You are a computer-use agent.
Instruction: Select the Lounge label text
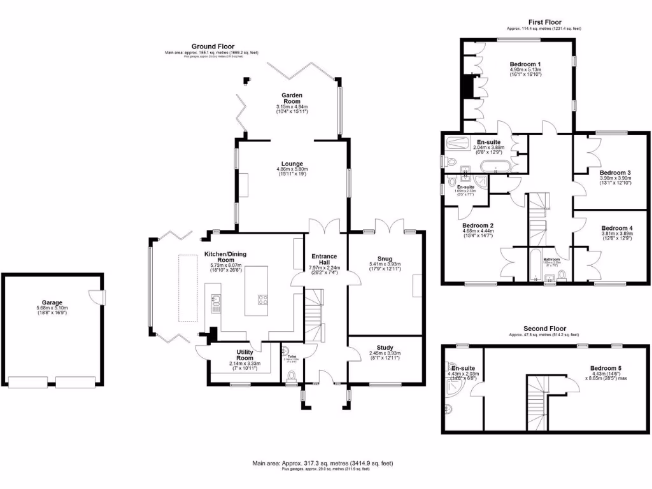292,163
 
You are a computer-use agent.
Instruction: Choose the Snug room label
385,258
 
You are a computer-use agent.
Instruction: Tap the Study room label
385,348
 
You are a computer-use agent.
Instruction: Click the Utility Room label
245,352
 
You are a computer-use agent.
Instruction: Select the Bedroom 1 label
525,64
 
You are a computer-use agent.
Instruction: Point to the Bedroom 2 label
478,225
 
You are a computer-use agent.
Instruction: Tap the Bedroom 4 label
617,228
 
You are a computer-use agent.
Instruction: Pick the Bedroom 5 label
605,368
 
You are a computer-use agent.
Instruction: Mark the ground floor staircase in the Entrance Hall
315,318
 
